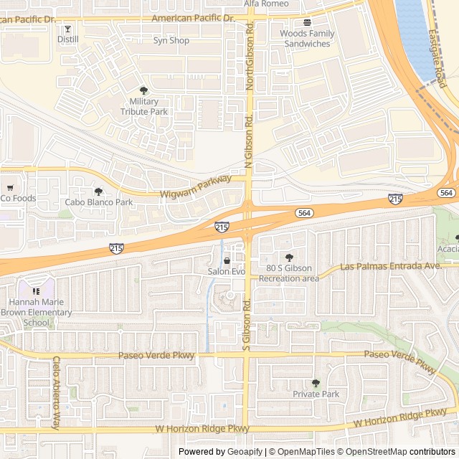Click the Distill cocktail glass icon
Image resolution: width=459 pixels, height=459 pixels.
pyautogui.click(x=67, y=29)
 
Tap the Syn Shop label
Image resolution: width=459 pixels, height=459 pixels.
pyautogui.click(x=171, y=41)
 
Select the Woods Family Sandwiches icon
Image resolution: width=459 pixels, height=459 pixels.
pyautogui.click(x=306, y=23)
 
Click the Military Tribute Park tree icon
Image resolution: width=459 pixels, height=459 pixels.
pyautogui.click(x=143, y=90)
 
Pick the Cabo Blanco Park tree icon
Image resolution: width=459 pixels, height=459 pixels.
pyautogui.click(x=98, y=191)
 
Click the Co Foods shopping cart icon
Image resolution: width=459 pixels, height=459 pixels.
pyautogui.click(x=9, y=188)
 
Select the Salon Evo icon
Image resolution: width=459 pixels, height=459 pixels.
pyautogui.click(x=227, y=261)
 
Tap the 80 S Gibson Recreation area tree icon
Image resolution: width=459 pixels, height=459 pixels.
pyautogui.click(x=289, y=257)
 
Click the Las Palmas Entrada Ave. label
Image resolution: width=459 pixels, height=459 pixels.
pyautogui.click(x=390, y=266)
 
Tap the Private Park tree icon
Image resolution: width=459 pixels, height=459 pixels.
pyautogui.click(x=316, y=383)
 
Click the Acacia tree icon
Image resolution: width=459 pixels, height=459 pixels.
pyautogui.click(x=457, y=238)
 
